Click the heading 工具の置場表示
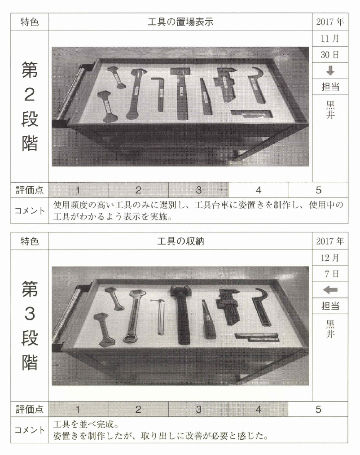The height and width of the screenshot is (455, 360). click(180, 22)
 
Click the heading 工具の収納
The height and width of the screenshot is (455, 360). click(180, 241)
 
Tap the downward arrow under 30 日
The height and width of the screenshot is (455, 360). click(330, 70)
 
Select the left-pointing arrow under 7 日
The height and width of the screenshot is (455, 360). click(330, 289)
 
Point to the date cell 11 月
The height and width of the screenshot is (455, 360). click(330, 38)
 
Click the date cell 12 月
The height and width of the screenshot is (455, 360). click(330, 258)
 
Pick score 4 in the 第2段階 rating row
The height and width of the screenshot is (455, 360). click(259, 190)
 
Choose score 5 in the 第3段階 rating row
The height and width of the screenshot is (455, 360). click(319, 409)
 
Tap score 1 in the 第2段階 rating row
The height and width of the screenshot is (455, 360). click(78, 190)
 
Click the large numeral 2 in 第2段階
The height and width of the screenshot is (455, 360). click(30, 95)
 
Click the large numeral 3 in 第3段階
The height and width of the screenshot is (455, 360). click(30, 314)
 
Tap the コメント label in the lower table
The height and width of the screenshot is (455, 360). click(30, 430)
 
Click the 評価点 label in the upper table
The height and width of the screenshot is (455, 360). click(30, 190)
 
